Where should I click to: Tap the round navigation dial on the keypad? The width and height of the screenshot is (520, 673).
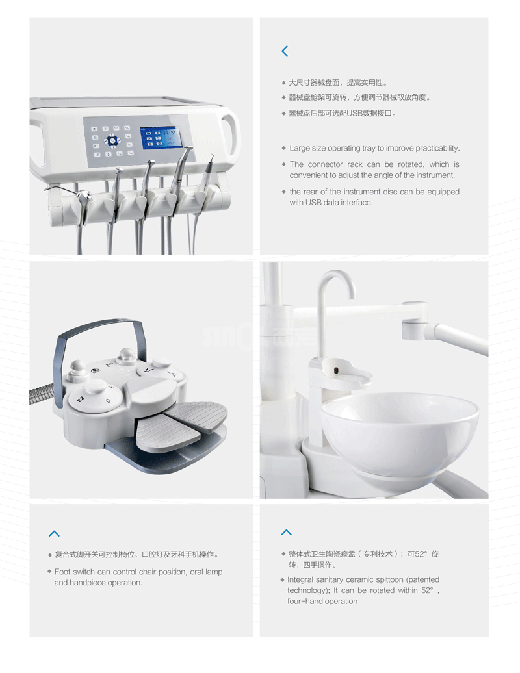click(x=112, y=140)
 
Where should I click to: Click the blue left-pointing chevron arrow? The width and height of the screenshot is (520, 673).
click(x=285, y=51)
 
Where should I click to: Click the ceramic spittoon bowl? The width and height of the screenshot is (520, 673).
click(x=399, y=433)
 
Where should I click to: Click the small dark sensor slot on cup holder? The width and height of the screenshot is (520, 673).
click(x=336, y=370)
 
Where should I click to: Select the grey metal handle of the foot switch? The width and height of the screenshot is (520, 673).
click(x=99, y=339)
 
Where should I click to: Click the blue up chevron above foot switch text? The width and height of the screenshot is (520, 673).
click(x=54, y=533)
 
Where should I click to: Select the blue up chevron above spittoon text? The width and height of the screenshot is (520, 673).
click(x=287, y=532)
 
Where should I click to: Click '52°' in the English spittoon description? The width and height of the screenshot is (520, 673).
click(x=428, y=590)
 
